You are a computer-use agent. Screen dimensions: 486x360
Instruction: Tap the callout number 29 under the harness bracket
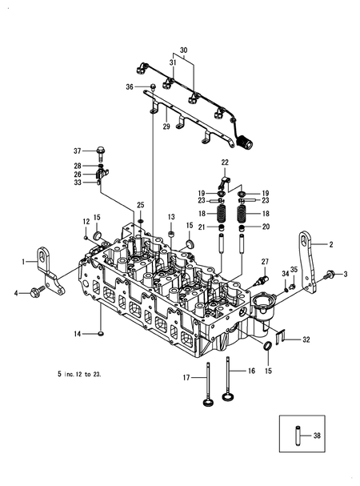[166, 127]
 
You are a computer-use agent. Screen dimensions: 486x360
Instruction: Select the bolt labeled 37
[101, 151]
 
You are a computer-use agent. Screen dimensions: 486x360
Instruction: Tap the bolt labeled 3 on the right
[330, 275]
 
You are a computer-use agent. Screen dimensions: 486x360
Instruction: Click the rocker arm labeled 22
[225, 175]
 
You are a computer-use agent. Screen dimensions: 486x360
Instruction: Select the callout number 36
[130, 86]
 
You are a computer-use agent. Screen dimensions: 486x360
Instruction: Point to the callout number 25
[140, 205]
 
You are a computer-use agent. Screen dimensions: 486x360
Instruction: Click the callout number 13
[170, 217]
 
